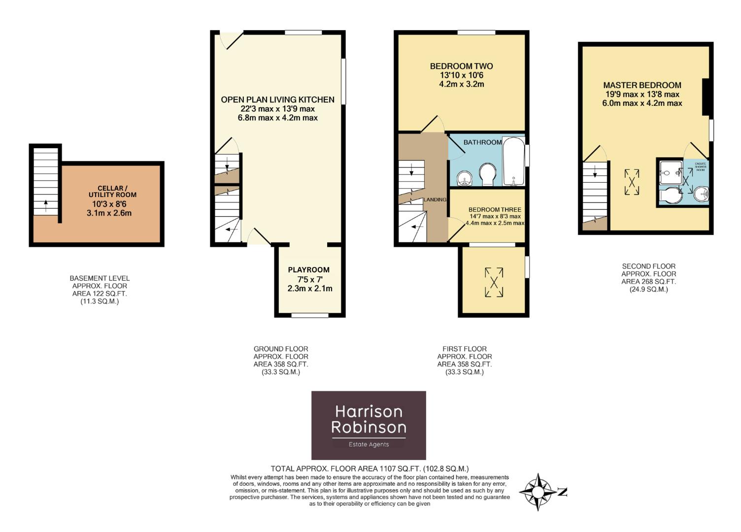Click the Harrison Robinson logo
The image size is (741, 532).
(x=369, y=425)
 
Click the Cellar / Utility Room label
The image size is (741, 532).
(x=113, y=191)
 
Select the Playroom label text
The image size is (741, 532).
(x=309, y=270)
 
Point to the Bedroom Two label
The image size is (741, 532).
(x=461, y=66)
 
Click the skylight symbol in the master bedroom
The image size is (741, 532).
(x=632, y=182)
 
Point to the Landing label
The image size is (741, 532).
(x=435, y=199)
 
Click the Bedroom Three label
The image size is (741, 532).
(x=495, y=209)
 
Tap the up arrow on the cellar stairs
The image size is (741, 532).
(x=45, y=204)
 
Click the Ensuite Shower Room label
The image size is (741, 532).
(x=700, y=166)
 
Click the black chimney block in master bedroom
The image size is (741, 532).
(x=706, y=97)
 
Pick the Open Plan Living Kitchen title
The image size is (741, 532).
(x=277, y=100)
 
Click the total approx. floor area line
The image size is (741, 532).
(x=370, y=468)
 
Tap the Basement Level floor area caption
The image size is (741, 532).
(x=100, y=290)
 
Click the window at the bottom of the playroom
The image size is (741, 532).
(x=310, y=315)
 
